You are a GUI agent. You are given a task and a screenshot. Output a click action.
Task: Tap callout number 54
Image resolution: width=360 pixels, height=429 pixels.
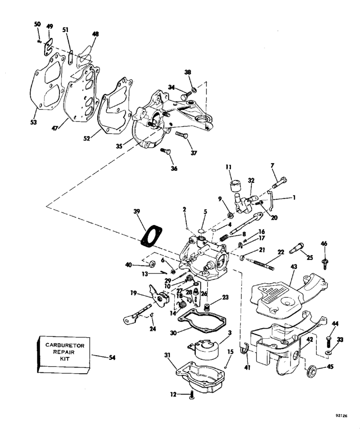point(112,357)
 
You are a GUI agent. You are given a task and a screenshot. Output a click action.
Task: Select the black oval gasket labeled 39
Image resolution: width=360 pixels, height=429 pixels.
point(152,235)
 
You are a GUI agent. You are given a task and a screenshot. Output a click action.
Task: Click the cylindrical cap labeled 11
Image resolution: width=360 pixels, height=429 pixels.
point(234,185)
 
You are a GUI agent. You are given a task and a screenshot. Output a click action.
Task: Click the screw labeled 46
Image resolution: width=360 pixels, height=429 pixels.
point(324,260)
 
